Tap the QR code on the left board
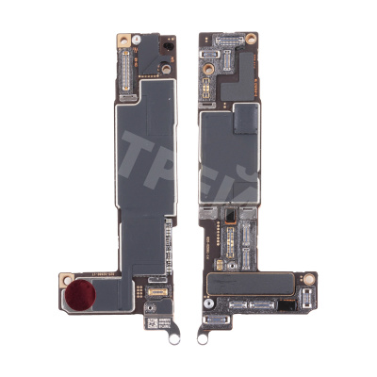[x=150, y=321]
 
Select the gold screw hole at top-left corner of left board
[x=123, y=40]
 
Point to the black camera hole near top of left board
[x=167, y=46]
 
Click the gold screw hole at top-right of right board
[x=252, y=40]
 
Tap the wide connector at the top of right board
[x=227, y=41]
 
